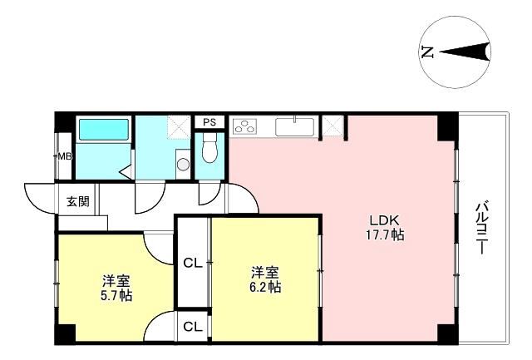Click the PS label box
pyautogui.click(x=209, y=122)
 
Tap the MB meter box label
pyautogui.click(x=65, y=157)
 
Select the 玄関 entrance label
pyautogui.click(x=77, y=201)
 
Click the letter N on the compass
pyautogui.click(x=427, y=52)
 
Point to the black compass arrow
pyautogui.click(x=465, y=52)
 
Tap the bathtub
pyautogui.click(x=103, y=129)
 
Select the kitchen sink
pyautogui.click(x=294, y=127)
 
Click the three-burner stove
pyautogui.click(x=244, y=126)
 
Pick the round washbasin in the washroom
pyautogui.click(x=183, y=165)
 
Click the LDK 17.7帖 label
pyautogui.click(x=384, y=227)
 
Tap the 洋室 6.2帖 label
pyautogui.click(x=265, y=279)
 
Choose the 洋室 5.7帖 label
pyautogui.click(x=116, y=288)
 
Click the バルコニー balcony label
pyautogui.click(x=481, y=228)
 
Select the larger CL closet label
pyautogui.click(x=193, y=263)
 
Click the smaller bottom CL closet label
pyautogui.click(x=193, y=327)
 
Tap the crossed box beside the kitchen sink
pyautogui.click(x=332, y=126)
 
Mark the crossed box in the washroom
pyautogui.click(x=179, y=127)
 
